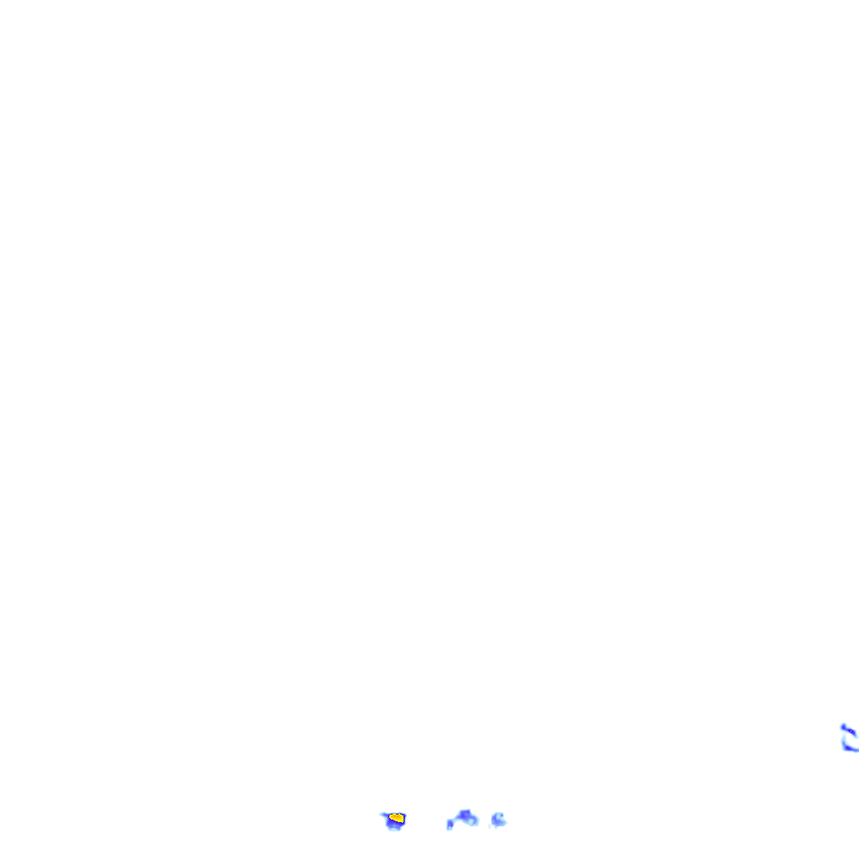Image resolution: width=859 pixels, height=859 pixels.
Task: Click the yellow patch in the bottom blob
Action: tap(397, 817)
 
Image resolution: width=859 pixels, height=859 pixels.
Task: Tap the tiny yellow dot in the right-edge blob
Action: tap(851, 731)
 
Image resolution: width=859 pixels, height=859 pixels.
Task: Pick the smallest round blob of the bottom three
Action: tap(498, 820)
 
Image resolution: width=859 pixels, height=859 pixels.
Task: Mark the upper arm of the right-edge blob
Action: tap(851, 731)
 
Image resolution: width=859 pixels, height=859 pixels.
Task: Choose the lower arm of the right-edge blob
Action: tap(849, 748)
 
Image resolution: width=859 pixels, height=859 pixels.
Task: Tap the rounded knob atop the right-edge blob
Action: tap(843, 726)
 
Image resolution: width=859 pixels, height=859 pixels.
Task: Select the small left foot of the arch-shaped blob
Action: tap(450, 825)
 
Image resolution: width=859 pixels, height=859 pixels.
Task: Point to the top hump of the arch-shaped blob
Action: tap(465, 813)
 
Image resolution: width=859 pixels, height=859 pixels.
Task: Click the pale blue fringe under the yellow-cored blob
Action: tap(394, 829)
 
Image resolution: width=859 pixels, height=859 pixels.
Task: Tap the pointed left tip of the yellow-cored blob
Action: tap(383, 814)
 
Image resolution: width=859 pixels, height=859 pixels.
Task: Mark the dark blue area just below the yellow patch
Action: tap(393, 824)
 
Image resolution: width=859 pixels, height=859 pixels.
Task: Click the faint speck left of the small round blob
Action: tap(490, 826)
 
